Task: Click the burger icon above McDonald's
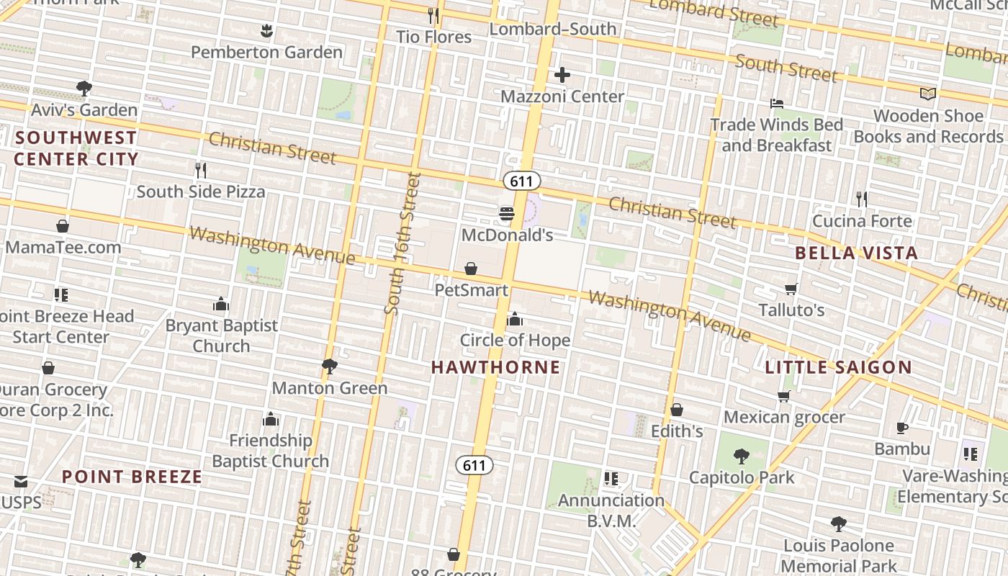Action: pos(507,213)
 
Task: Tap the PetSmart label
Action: pos(471,289)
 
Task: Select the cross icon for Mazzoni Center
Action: pos(562,74)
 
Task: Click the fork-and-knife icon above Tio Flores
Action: pos(433,15)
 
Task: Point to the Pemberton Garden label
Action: pos(266,52)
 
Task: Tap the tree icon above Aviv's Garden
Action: pos(84,89)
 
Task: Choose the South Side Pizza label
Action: pos(201,192)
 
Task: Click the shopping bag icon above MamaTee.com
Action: pos(63,226)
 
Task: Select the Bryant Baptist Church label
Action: pos(221,336)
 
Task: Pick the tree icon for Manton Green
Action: pos(330,366)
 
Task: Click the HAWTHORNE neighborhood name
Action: pos(495,367)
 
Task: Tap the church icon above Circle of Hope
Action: pos(515,319)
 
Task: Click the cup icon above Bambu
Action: pos(902,428)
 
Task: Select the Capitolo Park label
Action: pos(742,477)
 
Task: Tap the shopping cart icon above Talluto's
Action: pos(791,289)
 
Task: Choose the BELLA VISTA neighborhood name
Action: pos(856,253)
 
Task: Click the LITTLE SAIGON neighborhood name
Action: pos(838,367)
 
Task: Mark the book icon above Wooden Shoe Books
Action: pos(929,94)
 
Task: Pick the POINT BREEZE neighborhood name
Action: pos(132,477)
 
